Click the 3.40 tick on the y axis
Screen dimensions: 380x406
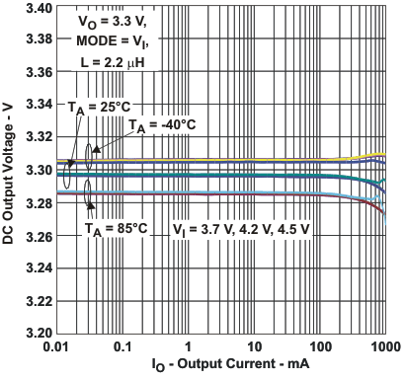(40, 9)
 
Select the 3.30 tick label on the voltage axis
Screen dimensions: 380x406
(40, 173)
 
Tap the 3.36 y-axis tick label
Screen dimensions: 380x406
(40, 74)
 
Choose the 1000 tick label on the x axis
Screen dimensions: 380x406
(385, 348)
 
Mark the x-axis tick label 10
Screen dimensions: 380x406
(254, 348)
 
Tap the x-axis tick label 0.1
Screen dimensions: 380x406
(122, 348)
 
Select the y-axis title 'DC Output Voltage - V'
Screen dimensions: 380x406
(11, 173)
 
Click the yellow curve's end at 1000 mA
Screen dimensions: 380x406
(384, 155)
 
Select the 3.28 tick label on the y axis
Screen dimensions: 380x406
(40, 205)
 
